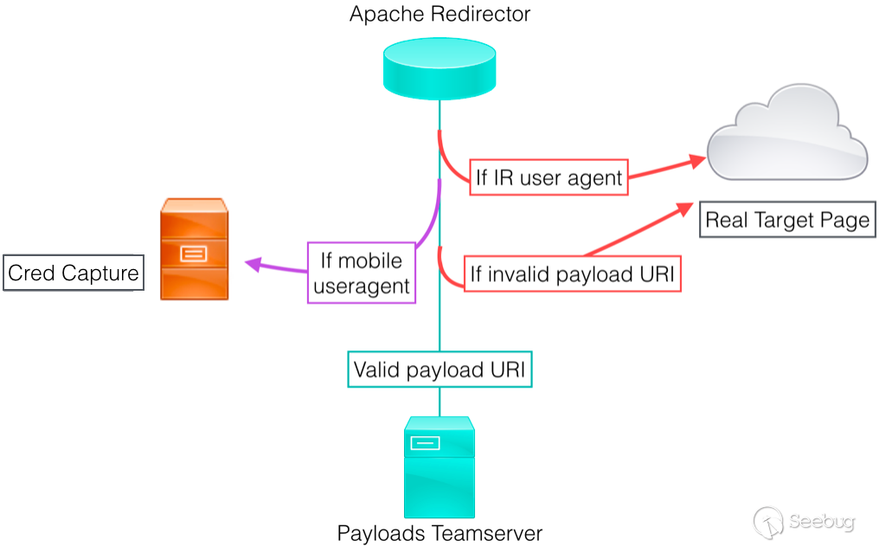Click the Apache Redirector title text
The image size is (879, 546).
coord(439,14)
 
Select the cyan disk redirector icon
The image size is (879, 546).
coord(439,68)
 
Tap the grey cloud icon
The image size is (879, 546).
coord(787,133)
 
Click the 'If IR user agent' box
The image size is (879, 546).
coord(549,177)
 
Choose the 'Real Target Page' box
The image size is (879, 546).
coord(787,220)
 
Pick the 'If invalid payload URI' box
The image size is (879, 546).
coord(573,273)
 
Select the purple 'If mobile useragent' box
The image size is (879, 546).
coord(362,273)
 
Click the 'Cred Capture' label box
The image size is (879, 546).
coord(74,273)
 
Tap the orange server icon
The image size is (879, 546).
coord(194,249)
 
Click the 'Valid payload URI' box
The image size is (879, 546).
coord(439,369)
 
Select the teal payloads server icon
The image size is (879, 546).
coord(439,467)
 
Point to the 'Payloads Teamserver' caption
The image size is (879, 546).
coord(439,533)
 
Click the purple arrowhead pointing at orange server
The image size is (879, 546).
coord(254,263)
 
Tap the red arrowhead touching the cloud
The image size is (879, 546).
coord(696,162)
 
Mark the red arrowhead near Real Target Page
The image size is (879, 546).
coord(685,209)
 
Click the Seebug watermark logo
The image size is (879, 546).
coord(804,522)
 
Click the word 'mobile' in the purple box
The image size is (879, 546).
coord(370,260)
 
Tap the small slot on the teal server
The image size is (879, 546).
coord(425,443)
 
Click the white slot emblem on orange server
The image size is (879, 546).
coord(194,254)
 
